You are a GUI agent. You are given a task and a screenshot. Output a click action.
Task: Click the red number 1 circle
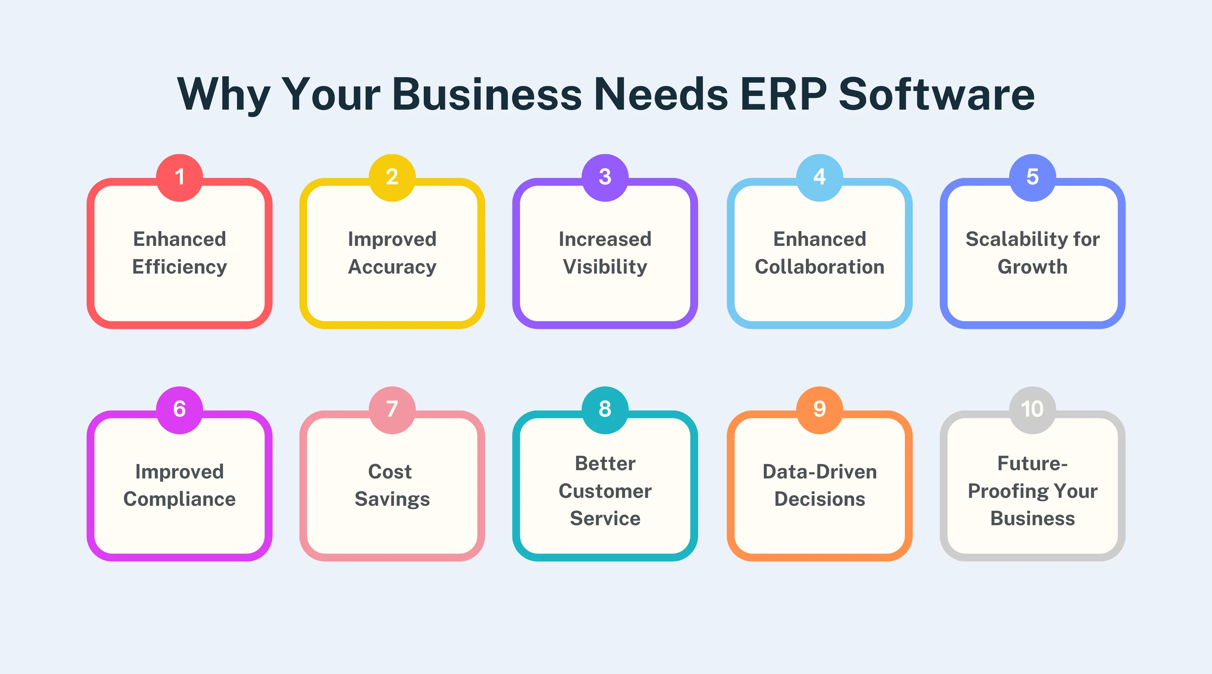[x=179, y=178]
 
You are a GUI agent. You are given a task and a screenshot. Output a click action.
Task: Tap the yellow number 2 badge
[x=392, y=178]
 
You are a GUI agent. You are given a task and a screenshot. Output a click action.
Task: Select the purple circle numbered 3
[x=605, y=178]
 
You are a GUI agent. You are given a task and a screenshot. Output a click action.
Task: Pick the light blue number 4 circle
[x=819, y=178]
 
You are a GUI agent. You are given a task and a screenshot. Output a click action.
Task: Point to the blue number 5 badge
[x=1032, y=178]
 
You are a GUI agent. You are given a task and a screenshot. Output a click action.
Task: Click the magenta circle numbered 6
[x=179, y=409]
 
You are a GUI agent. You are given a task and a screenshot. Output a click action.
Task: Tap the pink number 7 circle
[x=392, y=409]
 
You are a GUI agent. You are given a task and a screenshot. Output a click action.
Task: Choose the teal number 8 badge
[x=605, y=409]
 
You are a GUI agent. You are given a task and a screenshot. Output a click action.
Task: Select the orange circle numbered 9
[x=819, y=409]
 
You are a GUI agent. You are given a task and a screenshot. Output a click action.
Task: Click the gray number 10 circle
[x=1032, y=409]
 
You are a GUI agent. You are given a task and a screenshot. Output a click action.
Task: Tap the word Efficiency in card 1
[x=179, y=267]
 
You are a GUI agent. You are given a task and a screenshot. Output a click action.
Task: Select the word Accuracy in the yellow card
[x=392, y=267]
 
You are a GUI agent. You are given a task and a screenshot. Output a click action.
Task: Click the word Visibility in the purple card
[x=605, y=267]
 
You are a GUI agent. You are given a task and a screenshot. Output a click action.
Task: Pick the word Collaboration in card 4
[x=819, y=267]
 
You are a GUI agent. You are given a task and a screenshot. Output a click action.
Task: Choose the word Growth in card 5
[x=1032, y=267]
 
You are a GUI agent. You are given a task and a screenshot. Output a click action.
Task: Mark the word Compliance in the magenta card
[x=179, y=499]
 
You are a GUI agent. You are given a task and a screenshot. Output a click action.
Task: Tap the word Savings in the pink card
[x=392, y=499]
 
